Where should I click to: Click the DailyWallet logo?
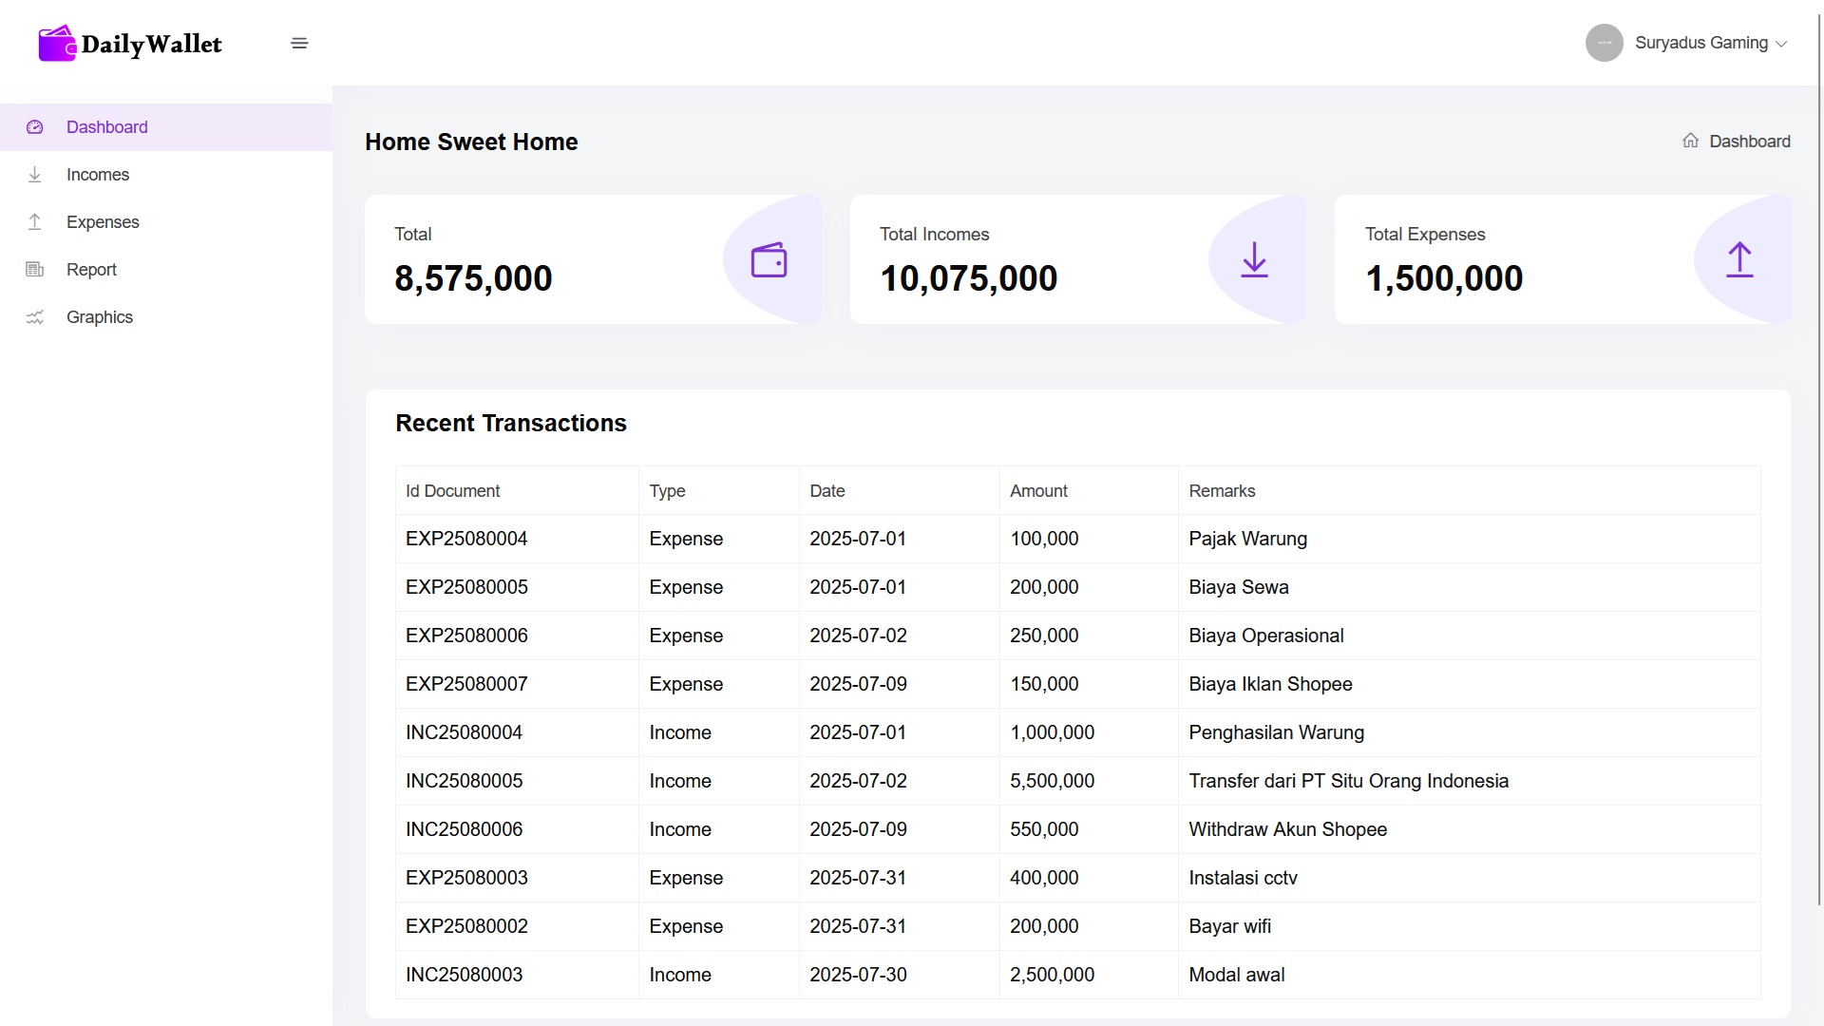(130, 44)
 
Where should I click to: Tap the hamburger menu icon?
(299, 44)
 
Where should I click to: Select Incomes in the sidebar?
(97, 175)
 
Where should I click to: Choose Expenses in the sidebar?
(103, 222)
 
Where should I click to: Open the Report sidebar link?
(91, 270)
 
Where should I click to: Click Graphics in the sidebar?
(99, 317)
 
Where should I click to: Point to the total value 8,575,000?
(473, 278)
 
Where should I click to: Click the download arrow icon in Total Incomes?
(1254, 259)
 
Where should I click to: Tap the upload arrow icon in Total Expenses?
(1739, 259)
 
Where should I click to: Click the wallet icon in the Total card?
(769, 260)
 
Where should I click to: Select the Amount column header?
(1038, 491)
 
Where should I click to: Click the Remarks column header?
(1222, 491)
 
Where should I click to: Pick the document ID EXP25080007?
(466, 684)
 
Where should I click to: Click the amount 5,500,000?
(1052, 781)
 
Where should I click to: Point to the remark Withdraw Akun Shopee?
(1287, 829)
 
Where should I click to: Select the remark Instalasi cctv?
(1243, 878)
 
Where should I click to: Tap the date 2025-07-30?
(858, 975)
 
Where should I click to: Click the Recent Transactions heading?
(511, 424)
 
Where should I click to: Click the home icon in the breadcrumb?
(1690, 141)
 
